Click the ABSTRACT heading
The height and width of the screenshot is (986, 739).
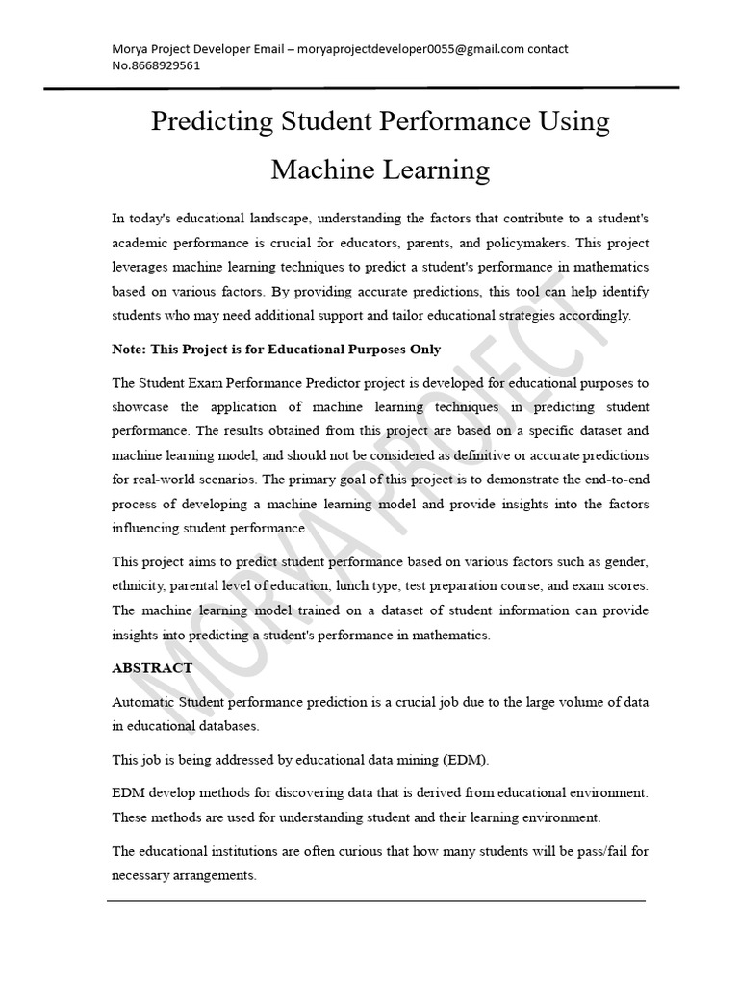152,667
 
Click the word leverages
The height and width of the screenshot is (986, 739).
142,267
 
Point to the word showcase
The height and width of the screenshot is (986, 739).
143,405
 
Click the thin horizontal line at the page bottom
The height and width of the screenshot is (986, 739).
375,901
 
